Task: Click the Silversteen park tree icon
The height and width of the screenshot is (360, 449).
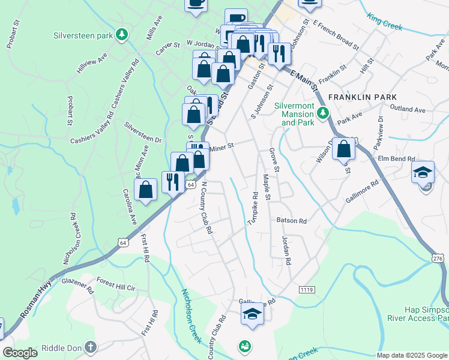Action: click(122, 35)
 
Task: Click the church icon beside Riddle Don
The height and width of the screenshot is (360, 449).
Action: click(90, 347)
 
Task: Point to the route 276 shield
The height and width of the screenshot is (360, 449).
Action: click(437, 257)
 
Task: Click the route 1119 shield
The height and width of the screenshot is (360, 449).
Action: click(306, 290)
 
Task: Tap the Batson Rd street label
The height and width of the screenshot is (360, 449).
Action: click(292, 220)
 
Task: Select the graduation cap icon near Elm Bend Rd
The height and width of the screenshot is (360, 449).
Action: click(423, 172)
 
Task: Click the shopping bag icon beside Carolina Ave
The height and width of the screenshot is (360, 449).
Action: click(146, 190)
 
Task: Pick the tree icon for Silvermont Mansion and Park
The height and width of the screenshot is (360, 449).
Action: click(323, 112)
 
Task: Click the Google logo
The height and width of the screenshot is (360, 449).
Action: click(20, 353)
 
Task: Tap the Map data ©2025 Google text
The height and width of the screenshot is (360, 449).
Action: click(412, 355)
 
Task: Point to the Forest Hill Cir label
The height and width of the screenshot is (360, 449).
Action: click(118, 287)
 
